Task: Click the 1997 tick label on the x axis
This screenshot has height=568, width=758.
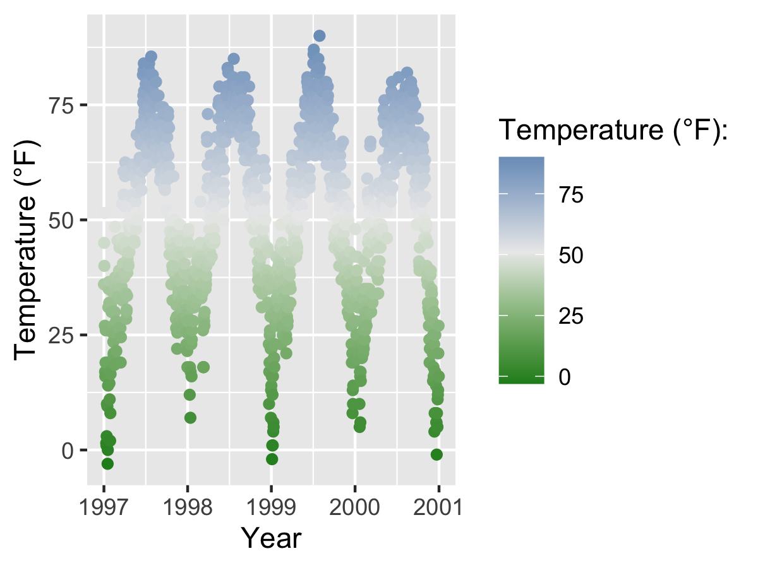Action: click(104, 507)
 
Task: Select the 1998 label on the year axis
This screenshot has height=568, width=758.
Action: click(188, 507)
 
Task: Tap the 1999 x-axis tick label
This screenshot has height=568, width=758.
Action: click(271, 507)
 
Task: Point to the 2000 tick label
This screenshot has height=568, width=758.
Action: click(355, 507)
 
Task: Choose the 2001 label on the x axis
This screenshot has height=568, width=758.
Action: click(438, 507)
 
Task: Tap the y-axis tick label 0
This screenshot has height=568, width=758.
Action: click(68, 451)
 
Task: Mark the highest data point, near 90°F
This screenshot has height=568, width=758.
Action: click(320, 36)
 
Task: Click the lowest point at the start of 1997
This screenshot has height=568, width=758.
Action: click(107, 464)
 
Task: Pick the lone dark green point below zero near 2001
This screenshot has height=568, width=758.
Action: click(436, 454)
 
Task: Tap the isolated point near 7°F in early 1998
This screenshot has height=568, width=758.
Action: click(190, 418)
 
